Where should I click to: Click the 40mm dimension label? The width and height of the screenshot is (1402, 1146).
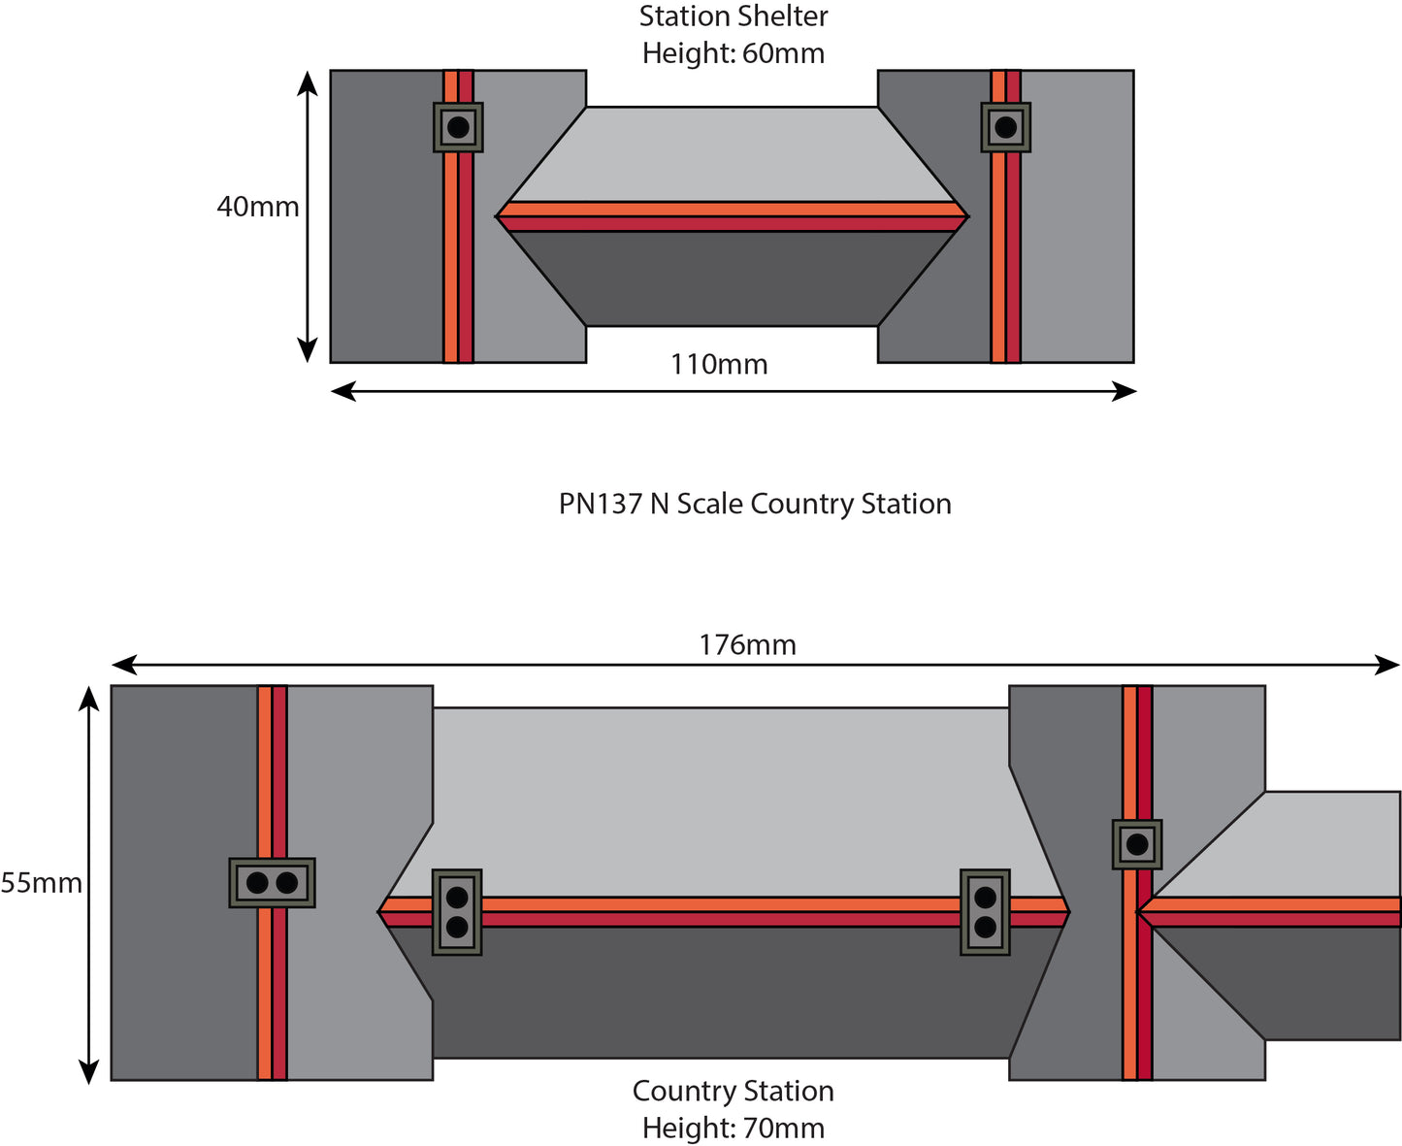click(x=257, y=208)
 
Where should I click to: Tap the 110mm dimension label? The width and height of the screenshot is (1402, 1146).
click(x=719, y=365)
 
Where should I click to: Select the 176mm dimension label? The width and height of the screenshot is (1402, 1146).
click(x=747, y=645)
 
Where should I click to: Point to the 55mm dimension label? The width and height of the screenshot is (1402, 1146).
click(x=41, y=884)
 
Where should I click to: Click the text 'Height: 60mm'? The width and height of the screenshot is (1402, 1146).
click(x=734, y=53)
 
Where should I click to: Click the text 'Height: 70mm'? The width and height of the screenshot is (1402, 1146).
click(x=734, y=1129)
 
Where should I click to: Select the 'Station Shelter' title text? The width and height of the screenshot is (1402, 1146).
click(x=734, y=16)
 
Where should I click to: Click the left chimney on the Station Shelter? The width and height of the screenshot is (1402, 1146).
click(x=458, y=127)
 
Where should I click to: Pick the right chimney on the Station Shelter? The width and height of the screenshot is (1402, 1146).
click(x=1005, y=127)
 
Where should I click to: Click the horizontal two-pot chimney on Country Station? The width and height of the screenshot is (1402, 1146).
click(x=272, y=883)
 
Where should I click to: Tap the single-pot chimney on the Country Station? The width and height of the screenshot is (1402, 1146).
click(x=1137, y=844)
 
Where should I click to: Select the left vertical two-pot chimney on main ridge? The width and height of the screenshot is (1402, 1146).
click(x=457, y=912)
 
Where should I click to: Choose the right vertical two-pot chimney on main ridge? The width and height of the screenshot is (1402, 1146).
click(x=985, y=912)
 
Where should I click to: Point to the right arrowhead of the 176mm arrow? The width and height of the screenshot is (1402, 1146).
click(x=1389, y=665)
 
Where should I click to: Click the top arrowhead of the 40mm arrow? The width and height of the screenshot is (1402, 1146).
click(x=308, y=82)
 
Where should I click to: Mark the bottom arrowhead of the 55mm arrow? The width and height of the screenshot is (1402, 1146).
click(x=89, y=1071)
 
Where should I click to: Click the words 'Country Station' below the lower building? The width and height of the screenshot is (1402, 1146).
click(x=734, y=1092)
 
